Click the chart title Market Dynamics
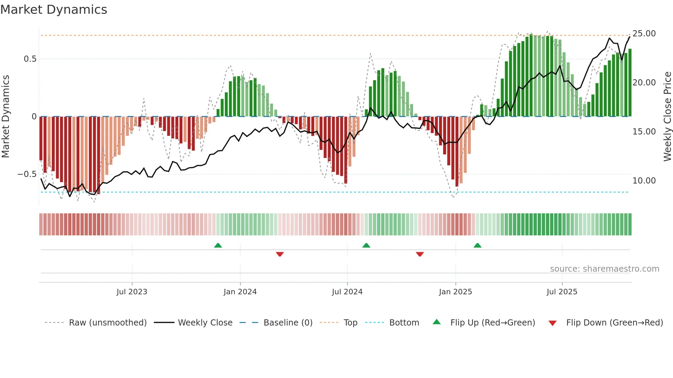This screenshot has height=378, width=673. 54,10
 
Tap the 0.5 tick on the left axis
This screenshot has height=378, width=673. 30,59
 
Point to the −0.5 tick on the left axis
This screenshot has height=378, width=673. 27,174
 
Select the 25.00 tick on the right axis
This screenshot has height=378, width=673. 644,34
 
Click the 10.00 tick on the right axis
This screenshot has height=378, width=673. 644,181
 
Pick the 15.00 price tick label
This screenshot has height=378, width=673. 644,132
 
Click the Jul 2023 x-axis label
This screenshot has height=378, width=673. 132,292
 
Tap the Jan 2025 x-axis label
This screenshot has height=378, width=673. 455,292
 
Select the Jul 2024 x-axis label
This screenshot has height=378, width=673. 347,292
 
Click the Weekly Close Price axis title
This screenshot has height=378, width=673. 667,117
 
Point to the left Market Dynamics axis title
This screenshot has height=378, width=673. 5,117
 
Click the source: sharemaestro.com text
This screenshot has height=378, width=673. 604,269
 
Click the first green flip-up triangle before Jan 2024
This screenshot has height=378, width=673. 218,245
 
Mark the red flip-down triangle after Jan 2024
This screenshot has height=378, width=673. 280,254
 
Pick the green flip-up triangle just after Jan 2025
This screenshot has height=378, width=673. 477,245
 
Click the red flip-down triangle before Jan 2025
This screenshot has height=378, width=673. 420,254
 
